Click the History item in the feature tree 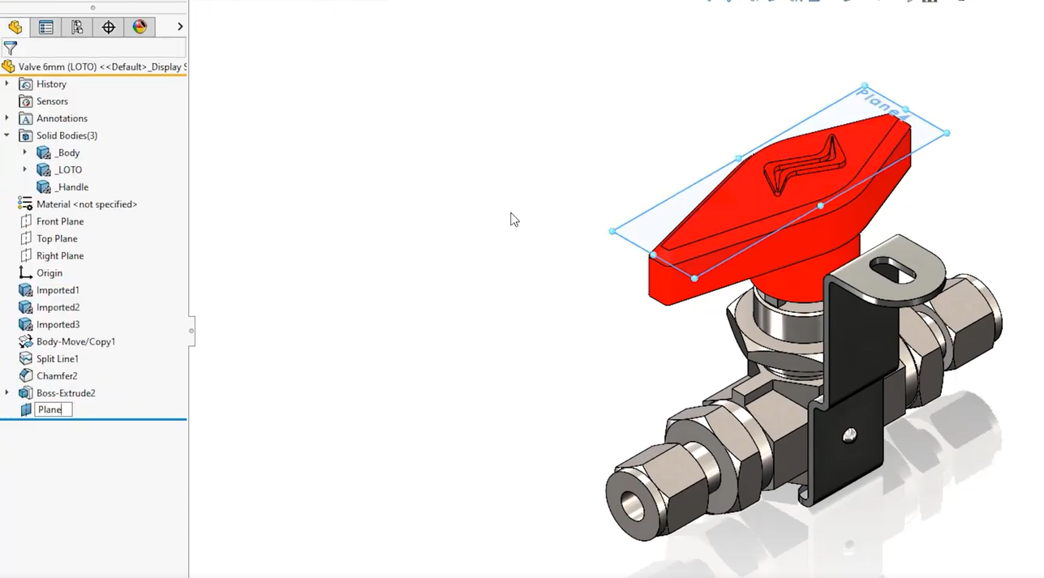[51, 84]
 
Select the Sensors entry [52, 101]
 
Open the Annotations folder [62, 119]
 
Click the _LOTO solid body [68, 170]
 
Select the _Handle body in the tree [71, 187]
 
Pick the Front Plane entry [60, 221]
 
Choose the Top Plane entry [57, 239]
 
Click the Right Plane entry [60, 256]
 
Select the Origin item [49, 273]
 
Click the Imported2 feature [58, 307]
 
